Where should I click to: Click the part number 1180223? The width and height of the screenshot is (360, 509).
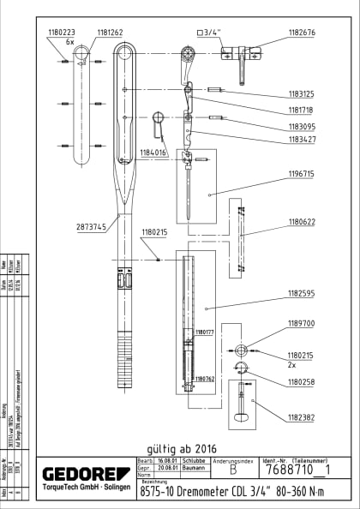click(63, 33)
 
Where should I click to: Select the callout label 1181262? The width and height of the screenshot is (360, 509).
click(109, 33)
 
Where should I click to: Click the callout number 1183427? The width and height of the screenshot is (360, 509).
click(301, 139)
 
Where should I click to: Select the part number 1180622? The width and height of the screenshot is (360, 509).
click(301, 222)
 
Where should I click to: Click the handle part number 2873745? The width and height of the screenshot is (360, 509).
click(90, 227)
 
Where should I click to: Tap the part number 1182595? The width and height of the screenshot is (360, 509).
click(301, 293)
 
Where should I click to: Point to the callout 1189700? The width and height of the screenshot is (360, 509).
click(301, 325)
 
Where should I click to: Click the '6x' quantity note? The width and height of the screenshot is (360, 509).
click(70, 41)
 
